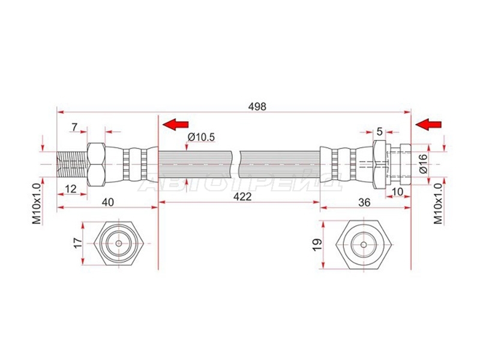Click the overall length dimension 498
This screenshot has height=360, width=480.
point(257,107)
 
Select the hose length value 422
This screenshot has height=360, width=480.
point(242,197)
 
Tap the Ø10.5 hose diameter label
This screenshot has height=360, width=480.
point(202,137)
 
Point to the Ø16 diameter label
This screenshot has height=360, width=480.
point(423,164)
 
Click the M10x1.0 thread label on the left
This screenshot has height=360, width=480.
point(37,203)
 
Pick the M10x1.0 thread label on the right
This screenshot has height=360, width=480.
point(438,203)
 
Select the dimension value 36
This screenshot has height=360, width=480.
point(364,202)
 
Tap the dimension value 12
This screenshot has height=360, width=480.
point(71,188)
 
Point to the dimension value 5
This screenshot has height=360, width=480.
point(380,131)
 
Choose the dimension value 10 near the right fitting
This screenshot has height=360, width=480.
point(398,191)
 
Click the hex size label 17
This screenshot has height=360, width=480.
point(79,243)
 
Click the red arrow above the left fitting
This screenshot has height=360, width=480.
point(175,124)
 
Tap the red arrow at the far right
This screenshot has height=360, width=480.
point(428,124)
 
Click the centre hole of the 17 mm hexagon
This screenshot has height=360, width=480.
point(119,244)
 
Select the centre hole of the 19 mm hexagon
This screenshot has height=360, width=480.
point(364,245)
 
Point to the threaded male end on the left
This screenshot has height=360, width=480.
point(73,164)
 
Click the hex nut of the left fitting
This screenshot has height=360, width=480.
point(97,164)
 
